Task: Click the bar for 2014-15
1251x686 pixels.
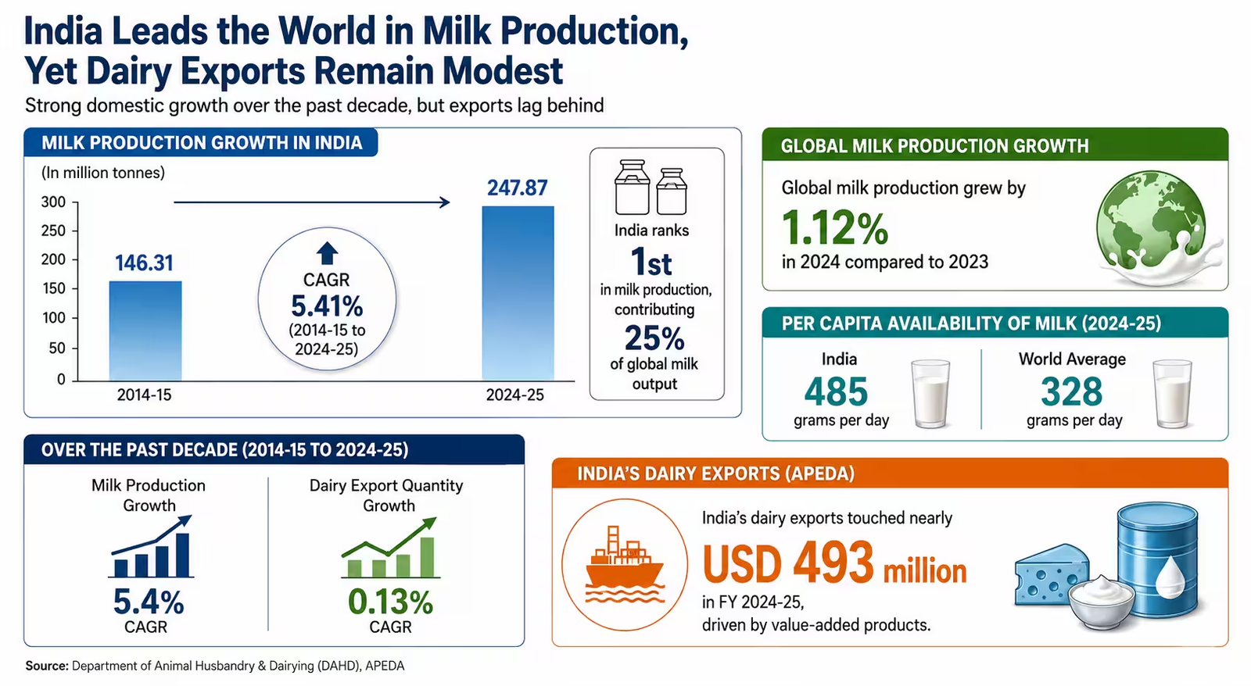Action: (145, 330)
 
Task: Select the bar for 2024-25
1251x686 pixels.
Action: (518, 293)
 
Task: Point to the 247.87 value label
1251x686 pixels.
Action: (517, 188)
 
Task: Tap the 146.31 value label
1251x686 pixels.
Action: (144, 263)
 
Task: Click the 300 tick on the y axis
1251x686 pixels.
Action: (53, 202)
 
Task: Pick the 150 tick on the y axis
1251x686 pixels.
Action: (53, 288)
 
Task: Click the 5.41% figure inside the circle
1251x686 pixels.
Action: (328, 305)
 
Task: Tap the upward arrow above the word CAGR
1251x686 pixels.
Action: (328, 253)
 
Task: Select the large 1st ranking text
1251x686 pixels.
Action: (651, 262)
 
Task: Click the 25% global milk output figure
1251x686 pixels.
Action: (654, 338)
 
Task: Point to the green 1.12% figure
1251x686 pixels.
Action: (835, 227)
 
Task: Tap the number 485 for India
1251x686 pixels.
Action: (836, 391)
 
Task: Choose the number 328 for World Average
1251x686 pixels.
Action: (1072, 391)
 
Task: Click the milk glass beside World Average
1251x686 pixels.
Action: (1172, 394)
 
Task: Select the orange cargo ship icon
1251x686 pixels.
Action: (625, 564)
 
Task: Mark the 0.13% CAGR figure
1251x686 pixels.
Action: (390, 602)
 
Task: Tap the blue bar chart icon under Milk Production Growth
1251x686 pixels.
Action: (152, 546)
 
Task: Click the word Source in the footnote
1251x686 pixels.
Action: (47, 666)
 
